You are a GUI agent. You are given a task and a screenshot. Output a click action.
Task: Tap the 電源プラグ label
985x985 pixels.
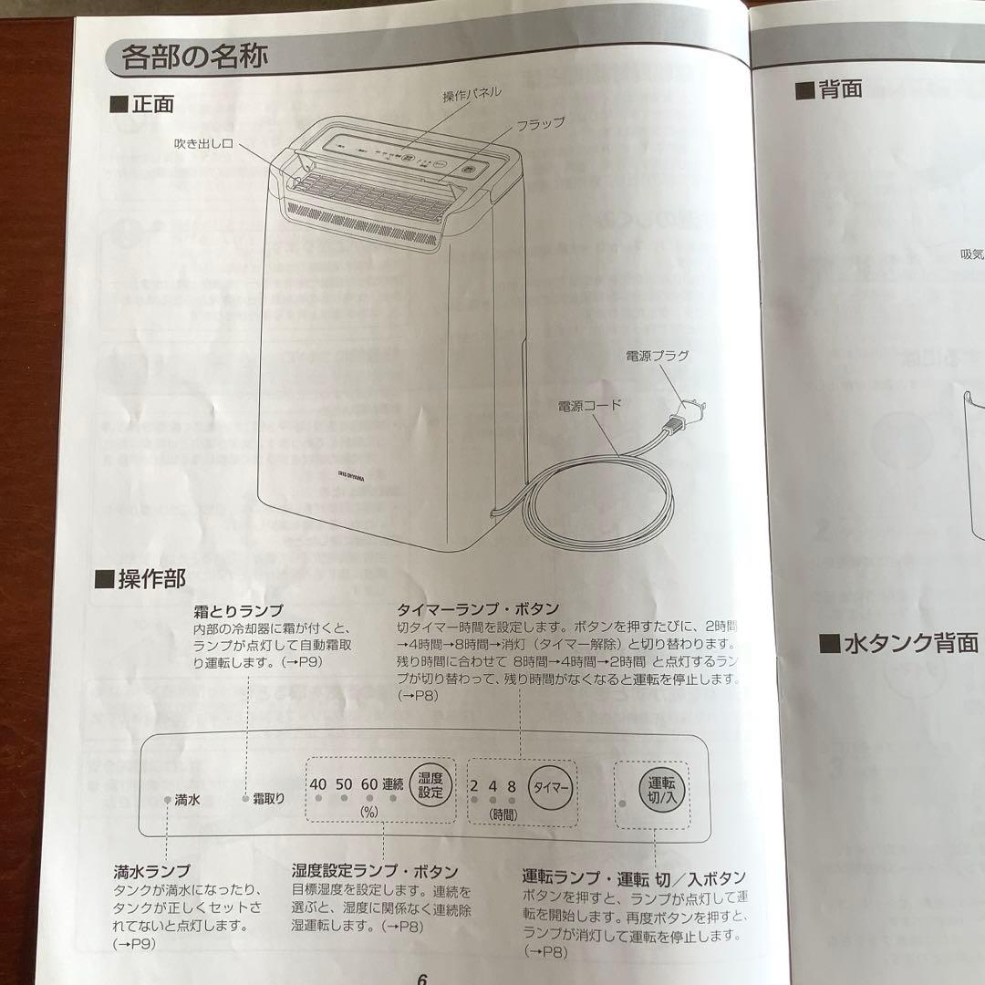point(657,356)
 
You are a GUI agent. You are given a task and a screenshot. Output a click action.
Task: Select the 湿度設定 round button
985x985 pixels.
point(430,784)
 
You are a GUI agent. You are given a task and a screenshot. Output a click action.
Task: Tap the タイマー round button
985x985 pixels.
point(551,786)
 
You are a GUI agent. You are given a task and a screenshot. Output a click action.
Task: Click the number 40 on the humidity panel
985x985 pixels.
point(317,783)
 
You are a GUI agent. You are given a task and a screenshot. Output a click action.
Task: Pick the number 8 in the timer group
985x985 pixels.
point(512,785)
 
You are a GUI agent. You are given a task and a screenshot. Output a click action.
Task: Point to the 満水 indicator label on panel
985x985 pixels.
point(187,799)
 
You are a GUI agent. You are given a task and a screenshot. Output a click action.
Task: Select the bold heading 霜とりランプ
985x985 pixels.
point(238,610)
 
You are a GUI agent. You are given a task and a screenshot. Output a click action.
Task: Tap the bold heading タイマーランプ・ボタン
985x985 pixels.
point(478,608)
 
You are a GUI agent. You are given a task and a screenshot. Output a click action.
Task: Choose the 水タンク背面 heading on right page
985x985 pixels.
point(897,644)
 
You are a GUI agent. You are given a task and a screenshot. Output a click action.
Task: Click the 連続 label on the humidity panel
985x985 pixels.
point(392,783)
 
